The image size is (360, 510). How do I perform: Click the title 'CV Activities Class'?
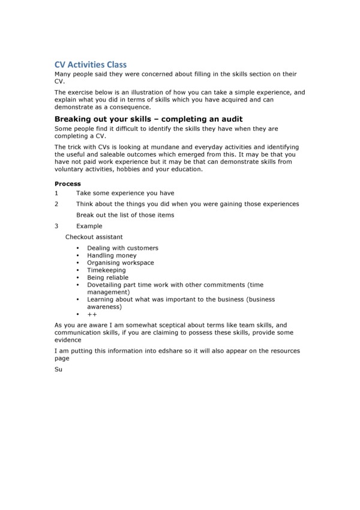click(x=91, y=64)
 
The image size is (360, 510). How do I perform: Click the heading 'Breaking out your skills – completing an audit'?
click(x=148, y=119)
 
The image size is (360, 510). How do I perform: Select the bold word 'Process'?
click(x=68, y=184)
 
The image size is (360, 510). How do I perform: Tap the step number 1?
click(x=56, y=193)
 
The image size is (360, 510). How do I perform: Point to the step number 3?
click(x=56, y=226)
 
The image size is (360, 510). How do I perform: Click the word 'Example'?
click(x=89, y=226)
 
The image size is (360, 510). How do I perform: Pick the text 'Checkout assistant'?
click(x=94, y=237)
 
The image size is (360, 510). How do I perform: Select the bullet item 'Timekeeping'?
click(x=106, y=270)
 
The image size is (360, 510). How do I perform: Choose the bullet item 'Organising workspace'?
click(x=120, y=263)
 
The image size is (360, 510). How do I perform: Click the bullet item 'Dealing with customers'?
click(x=122, y=248)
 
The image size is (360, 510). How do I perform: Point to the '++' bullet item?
click(x=92, y=314)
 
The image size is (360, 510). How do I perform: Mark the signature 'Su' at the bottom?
click(x=58, y=369)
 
